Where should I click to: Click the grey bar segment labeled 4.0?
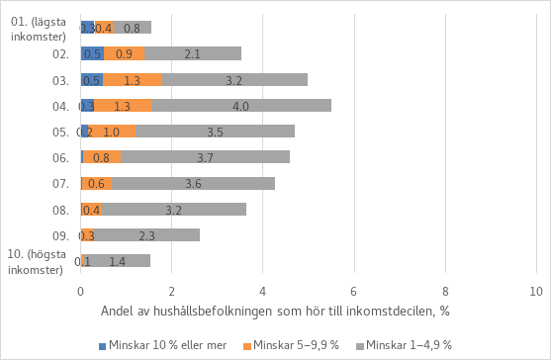pyautogui.click(x=241, y=105)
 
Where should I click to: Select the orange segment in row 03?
pyautogui.click(x=133, y=79)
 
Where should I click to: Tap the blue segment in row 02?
pyautogui.click(x=92, y=53)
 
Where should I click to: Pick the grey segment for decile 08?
pyautogui.click(x=174, y=209)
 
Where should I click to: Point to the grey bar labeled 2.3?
pyautogui.click(x=147, y=234)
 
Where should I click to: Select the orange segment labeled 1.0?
pyautogui.click(x=112, y=131)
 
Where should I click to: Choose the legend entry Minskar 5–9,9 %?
pyautogui.click(x=295, y=345)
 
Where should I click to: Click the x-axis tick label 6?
pyautogui.click(x=354, y=292)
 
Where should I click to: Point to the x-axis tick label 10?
pyautogui.click(x=536, y=292)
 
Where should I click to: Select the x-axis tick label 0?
pyautogui.click(x=80, y=292)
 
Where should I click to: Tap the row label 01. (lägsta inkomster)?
pyautogui.click(x=38, y=30)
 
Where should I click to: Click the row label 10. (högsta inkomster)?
pyautogui.click(x=40, y=263)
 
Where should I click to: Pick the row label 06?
pyautogui.click(x=59, y=157)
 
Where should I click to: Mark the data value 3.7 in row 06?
pyautogui.click(x=205, y=157)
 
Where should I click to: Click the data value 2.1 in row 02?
pyautogui.click(x=193, y=53)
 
